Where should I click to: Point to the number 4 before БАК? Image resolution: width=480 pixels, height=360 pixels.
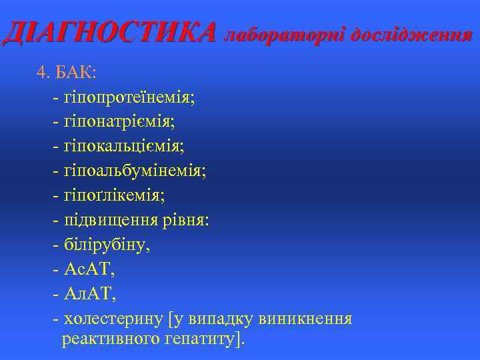41,73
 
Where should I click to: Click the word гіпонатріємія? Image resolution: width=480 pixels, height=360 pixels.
119,121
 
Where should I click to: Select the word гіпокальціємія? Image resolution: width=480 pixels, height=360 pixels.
123,146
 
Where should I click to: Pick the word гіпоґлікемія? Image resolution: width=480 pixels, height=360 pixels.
113,195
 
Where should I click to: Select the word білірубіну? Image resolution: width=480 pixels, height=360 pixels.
106,245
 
